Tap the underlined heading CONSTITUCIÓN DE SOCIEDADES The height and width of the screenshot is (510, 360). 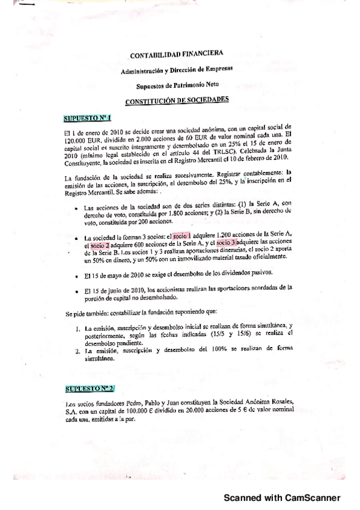177,100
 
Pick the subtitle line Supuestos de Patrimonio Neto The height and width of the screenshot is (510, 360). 177,85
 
